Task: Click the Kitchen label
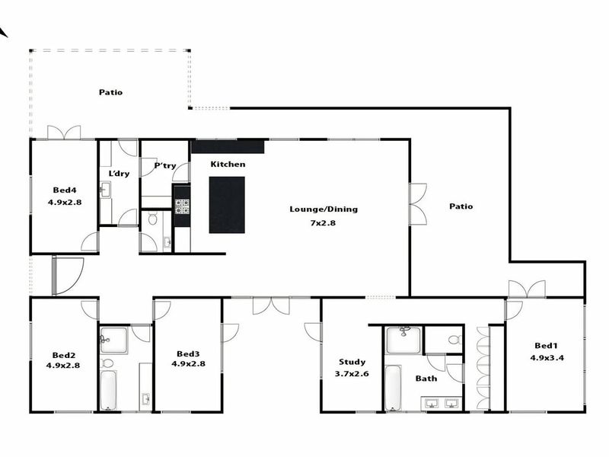click(x=228, y=165)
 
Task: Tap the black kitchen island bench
click(x=227, y=205)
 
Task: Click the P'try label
click(x=164, y=165)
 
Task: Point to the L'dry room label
click(x=119, y=174)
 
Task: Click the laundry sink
click(x=105, y=190)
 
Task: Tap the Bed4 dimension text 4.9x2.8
click(x=63, y=203)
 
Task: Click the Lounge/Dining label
click(x=323, y=209)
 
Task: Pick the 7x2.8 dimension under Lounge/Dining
click(x=323, y=222)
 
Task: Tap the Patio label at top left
click(x=110, y=92)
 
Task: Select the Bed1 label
click(x=544, y=344)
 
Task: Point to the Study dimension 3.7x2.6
click(x=352, y=374)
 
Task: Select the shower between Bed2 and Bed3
click(x=113, y=340)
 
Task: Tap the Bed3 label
click(x=188, y=353)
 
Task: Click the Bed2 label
click(x=64, y=355)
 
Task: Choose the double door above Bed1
click(x=527, y=289)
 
